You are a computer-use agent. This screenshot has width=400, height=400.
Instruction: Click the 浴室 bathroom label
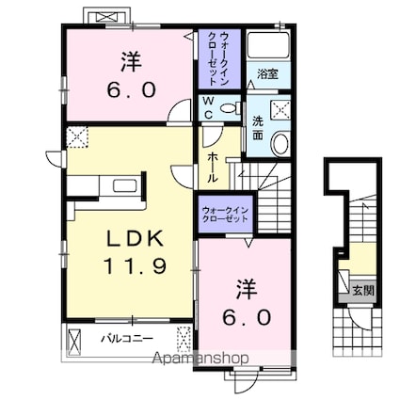[267, 74]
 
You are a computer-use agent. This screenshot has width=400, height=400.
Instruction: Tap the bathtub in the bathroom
[268, 44]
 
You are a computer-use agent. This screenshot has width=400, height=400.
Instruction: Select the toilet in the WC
[230, 108]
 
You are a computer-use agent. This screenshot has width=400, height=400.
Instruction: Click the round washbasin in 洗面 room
[280, 144]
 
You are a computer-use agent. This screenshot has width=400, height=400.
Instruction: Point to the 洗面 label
[258, 128]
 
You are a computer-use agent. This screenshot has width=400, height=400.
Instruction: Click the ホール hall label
[213, 168]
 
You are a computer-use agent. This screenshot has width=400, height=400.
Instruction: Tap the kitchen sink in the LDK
[125, 185]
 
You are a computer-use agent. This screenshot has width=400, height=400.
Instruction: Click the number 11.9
[135, 266]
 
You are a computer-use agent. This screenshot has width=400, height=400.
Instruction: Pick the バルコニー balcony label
[127, 339]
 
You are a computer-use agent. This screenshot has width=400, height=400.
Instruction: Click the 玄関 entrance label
[363, 291]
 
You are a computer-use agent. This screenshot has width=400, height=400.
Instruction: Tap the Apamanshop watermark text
[200, 359]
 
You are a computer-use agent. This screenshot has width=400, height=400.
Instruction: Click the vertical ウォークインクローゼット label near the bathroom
[218, 58]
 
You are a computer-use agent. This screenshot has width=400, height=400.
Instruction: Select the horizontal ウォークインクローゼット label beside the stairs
[225, 215]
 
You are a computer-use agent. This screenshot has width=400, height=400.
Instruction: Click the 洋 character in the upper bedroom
[131, 62]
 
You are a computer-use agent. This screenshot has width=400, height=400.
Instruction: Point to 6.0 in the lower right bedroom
[247, 317]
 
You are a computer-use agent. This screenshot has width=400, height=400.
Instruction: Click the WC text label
[209, 108]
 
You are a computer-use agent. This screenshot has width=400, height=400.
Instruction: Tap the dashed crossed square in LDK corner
[77, 136]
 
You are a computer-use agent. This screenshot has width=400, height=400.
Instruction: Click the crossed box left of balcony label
[74, 341]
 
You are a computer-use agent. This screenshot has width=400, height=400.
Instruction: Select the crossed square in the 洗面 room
[280, 109]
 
